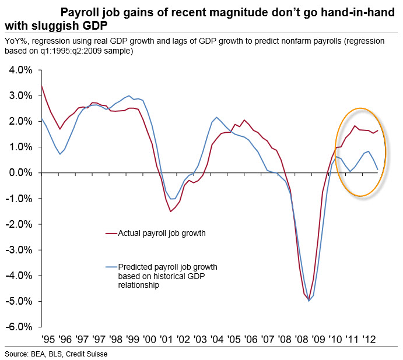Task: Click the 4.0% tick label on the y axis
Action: (21, 70)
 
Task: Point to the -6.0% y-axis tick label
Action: (20, 327)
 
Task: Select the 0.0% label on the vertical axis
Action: (21, 172)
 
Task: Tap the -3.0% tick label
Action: (20, 250)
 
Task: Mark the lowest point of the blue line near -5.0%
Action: (309, 301)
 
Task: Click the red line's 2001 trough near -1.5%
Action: (170, 211)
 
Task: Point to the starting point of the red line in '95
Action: (41, 86)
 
